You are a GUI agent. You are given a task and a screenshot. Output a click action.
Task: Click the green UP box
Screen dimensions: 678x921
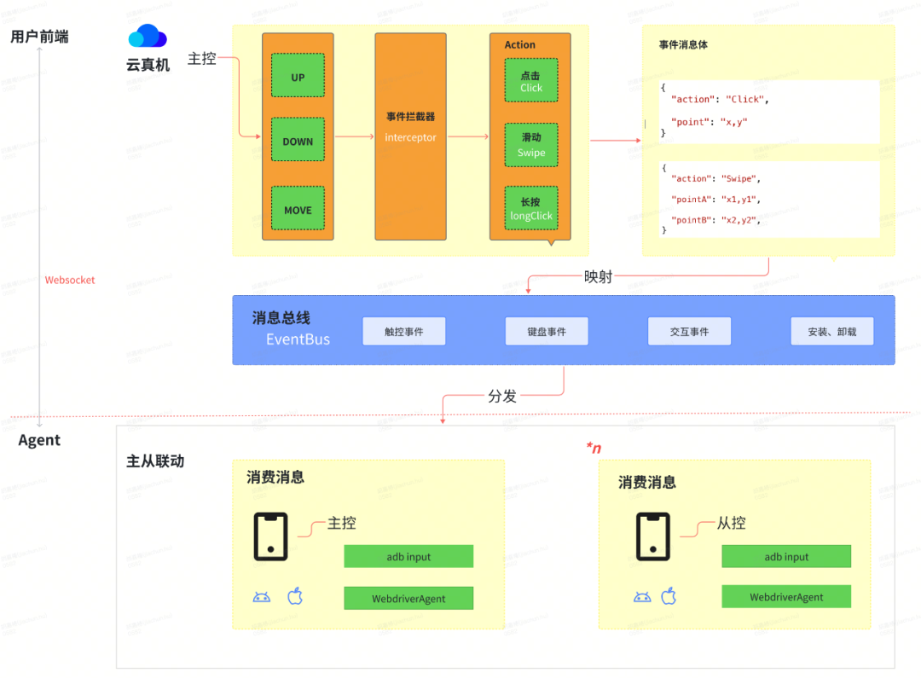tap(298, 78)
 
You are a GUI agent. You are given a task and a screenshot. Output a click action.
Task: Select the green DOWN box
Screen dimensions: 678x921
tap(298, 142)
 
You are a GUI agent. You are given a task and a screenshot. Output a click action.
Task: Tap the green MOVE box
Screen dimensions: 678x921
tap(298, 210)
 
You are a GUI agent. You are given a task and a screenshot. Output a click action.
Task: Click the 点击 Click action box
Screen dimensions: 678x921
tap(530, 81)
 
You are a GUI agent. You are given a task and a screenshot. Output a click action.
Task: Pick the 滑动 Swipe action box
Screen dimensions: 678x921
tap(530, 145)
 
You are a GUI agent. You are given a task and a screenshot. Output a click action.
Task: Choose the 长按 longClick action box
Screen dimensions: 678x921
tap(530, 209)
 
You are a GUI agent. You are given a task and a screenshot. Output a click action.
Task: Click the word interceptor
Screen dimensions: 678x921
tap(410, 137)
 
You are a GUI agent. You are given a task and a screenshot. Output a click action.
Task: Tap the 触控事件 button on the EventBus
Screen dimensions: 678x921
tap(404, 332)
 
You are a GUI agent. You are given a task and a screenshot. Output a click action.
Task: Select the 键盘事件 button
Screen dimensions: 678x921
tap(547, 332)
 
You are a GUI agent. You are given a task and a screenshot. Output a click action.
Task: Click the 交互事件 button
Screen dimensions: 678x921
tap(689, 332)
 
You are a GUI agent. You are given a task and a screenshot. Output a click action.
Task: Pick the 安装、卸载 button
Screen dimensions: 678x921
tap(831, 332)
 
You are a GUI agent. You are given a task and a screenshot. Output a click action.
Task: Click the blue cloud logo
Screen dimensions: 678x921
tap(148, 37)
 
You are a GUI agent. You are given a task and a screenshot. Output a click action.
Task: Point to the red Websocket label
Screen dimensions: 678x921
tap(70, 280)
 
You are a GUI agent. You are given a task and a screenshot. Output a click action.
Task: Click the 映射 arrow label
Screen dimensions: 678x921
tap(598, 277)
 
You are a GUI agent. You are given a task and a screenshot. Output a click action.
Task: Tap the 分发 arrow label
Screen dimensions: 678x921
tap(502, 396)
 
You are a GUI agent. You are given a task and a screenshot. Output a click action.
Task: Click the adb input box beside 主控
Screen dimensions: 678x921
tap(408, 557)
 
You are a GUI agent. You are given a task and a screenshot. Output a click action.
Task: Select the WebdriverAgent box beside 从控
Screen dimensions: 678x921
tap(786, 597)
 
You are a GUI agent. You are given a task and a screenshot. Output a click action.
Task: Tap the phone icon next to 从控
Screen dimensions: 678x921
tap(652, 536)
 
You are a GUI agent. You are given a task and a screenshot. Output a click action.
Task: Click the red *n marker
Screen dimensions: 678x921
tap(594, 448)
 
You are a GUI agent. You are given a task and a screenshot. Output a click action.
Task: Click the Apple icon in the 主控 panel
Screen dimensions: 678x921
tap(295, 596)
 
